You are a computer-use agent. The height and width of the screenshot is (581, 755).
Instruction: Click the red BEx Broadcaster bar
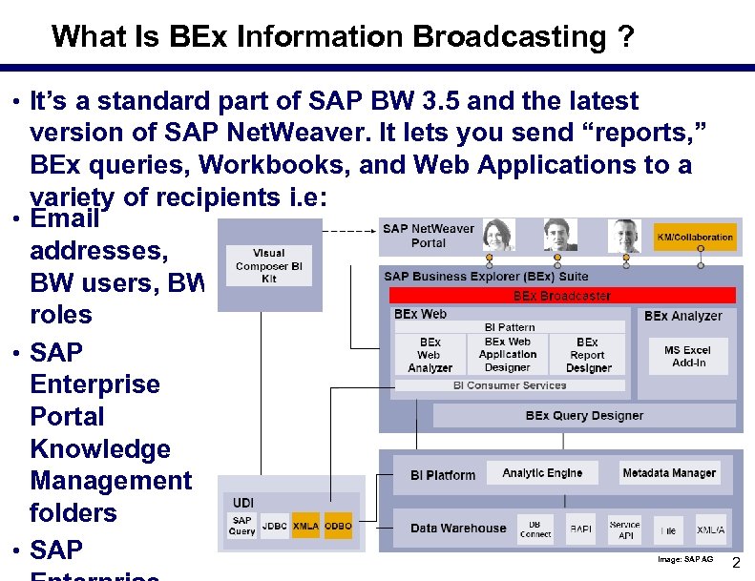coord(561,296)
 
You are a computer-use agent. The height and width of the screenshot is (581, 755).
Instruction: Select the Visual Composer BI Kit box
coord(268,265)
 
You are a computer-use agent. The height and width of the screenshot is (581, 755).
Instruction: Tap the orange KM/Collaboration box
coord(695,237)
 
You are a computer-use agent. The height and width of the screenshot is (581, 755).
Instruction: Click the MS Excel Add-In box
coord(687,356)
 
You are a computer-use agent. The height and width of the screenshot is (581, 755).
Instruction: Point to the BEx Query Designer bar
coord(583,416)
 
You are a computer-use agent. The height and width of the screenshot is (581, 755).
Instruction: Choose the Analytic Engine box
coord(542,473)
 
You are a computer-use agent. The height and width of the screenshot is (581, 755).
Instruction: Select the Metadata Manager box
coord(668,473)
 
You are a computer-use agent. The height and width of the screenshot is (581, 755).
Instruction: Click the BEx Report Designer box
coord(588,355)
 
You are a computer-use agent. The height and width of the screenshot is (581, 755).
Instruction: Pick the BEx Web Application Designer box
coord(508,355)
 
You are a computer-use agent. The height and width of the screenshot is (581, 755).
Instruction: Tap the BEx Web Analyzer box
coord(430,355)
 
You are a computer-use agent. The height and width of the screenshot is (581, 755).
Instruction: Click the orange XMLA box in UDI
coord(305,526)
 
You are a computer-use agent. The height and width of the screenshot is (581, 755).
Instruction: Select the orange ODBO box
coord(338,526)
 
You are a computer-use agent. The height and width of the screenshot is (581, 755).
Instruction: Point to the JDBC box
coord(274,526)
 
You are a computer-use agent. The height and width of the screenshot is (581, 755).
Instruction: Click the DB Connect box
coord(535,529)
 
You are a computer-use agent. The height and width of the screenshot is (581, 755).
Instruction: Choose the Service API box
coord(624,529)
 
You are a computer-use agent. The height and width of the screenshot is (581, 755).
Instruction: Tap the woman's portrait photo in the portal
coord(499,235)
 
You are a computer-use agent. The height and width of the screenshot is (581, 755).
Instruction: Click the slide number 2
coord(735,563)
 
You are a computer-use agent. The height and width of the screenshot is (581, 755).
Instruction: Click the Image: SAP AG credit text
coord(684,558)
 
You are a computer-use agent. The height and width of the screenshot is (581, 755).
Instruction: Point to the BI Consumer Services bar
coord(510,385)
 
